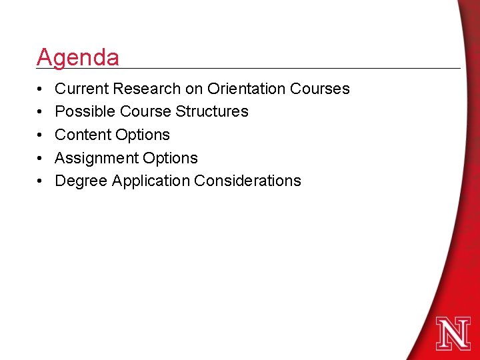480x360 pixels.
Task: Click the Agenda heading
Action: (78, 57)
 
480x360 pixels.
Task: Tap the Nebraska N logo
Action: (453, 333)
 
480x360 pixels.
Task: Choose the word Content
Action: (82, 135)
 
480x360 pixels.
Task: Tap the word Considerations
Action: (247, 181)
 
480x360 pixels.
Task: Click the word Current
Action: (81, 89)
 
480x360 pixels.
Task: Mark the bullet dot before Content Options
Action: (41, 135)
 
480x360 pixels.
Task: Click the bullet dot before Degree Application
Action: (41, 181)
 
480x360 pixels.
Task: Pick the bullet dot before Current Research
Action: (41, 89)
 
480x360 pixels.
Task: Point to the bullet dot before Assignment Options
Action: (41, 159)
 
